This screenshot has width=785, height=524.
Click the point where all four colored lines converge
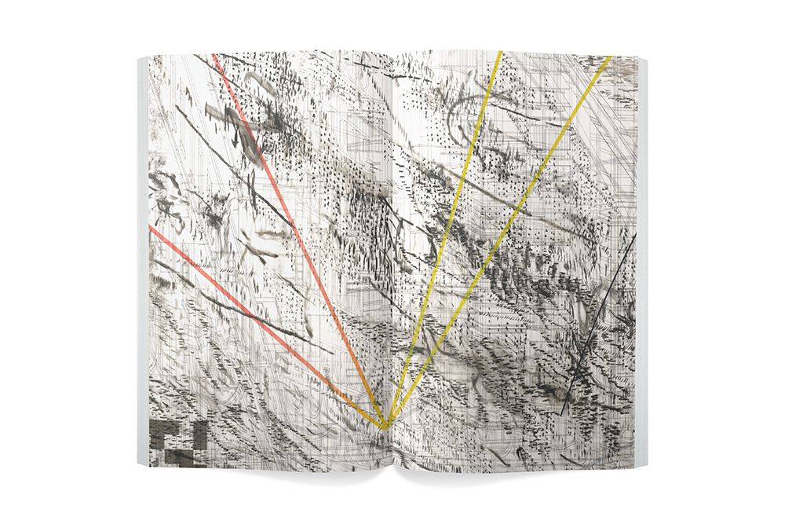tap(385, 427)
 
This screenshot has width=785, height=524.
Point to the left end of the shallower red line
tap(149, 229)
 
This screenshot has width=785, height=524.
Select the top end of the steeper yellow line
tap(500, 53)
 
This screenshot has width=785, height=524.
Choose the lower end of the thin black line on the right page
tap(564, 413)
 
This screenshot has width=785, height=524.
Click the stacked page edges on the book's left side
tap(142, 259)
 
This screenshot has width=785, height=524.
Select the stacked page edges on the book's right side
tap(641, 259)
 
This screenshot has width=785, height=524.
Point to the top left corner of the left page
tap(148, 55)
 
